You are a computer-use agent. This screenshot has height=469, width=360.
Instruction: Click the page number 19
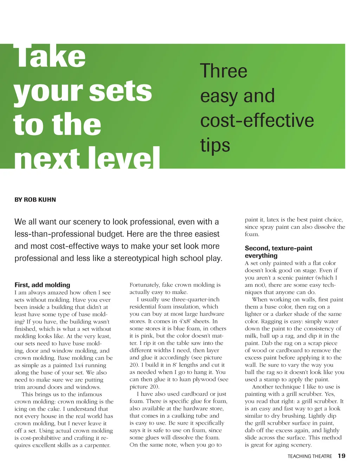tap(341, 456)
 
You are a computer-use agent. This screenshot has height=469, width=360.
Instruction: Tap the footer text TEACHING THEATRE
tap(309, 456)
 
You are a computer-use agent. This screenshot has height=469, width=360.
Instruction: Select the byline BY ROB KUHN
tap(35, 200)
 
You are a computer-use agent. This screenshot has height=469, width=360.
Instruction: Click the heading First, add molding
tap(42, 285)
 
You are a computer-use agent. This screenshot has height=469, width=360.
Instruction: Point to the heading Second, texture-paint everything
tap(278, 252)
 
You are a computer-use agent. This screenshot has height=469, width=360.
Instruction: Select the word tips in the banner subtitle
tap(215, 146)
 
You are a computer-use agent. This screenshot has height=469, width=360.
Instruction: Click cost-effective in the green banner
tap(257, 120)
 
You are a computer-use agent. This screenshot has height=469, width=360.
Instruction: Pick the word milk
tap(251, 336)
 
